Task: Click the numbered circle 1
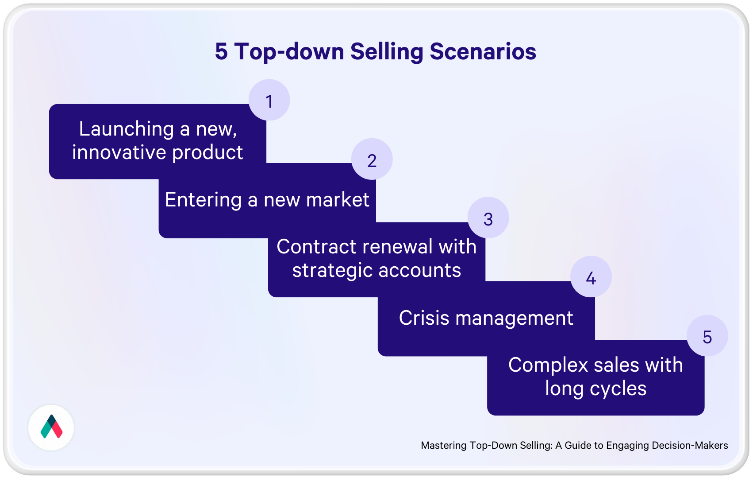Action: click(x=269, y=100)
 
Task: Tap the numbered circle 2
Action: click(x=372, y=159)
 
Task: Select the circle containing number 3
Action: click(x=488, y=218)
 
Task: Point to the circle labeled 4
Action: click(x=591, y=277)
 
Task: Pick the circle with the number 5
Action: click(x=707, y=336)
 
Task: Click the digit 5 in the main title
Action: click(x=221, y=51)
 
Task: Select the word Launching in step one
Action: click(x=126, y=129)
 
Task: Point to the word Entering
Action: click(x=203, y=200)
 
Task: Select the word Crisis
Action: click(x=424, y=318)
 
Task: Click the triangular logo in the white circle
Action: click(x=51, y=427)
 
